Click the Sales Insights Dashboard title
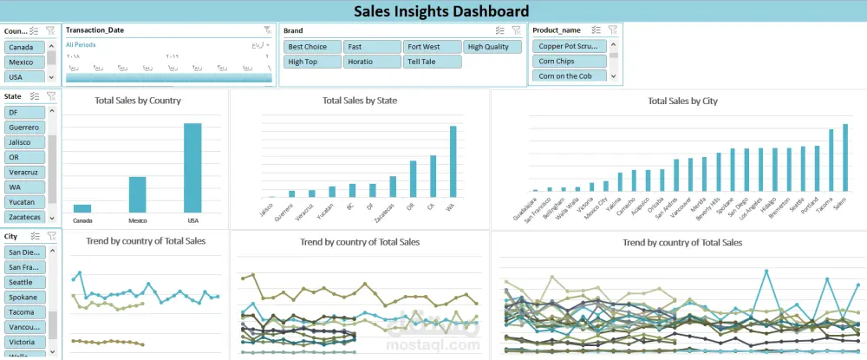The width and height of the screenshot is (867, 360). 441,11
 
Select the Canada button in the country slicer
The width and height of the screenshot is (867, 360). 22,48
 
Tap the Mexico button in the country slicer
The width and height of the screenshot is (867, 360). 22,62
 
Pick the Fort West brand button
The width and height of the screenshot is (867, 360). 431,47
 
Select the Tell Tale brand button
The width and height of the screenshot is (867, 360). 431,62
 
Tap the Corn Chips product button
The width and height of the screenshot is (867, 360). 569,62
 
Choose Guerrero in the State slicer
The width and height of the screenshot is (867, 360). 23,128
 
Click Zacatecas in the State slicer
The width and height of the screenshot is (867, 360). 23,216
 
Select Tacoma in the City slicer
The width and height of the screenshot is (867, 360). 23,311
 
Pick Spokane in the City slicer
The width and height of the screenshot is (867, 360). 23,297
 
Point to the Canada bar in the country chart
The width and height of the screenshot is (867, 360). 82,208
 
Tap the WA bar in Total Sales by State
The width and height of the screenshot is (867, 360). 452,160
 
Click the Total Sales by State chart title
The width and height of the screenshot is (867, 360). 359,101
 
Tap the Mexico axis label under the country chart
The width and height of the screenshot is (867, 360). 138,220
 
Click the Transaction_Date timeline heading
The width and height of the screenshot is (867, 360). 95,30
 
